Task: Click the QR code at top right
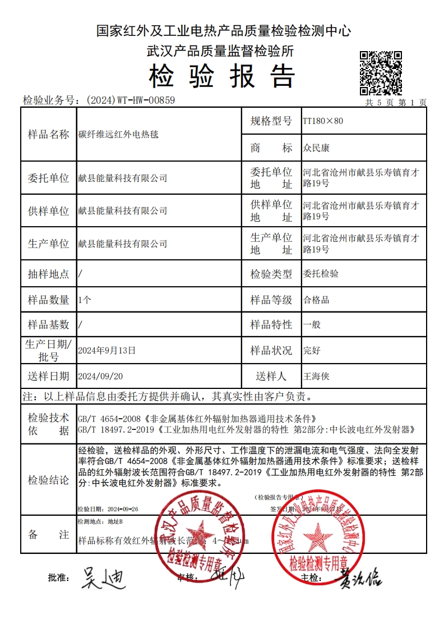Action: (380, 72)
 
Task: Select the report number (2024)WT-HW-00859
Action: (131, 100)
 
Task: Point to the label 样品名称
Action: (48, 135)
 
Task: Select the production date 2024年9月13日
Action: (107, 350)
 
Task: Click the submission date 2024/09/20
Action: (100, 376)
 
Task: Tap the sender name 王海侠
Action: (316, 376)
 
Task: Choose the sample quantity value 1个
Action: (85, 300)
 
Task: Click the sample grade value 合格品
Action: (316, 300)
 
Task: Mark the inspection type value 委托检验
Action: (320, 274)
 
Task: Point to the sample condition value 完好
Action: (311, 350)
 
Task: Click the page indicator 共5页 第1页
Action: (396, 102)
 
